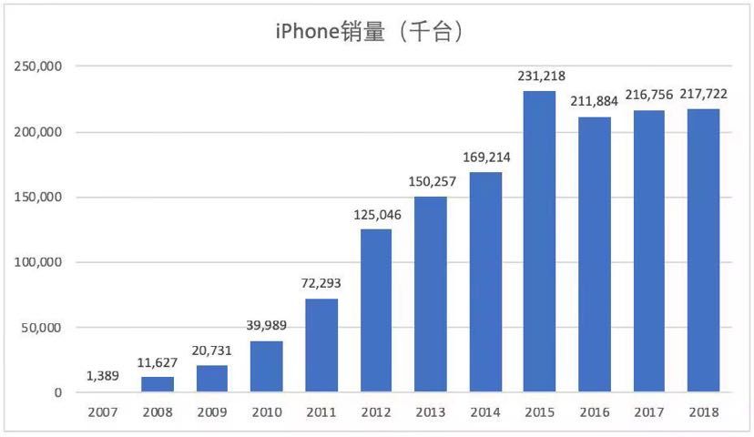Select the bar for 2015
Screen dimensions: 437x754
pyautogui.click(x=539, y=241)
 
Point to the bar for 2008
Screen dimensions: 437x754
pyautogui.click(x=158, y=384)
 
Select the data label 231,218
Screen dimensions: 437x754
pyautogui.click(x=539, y=76)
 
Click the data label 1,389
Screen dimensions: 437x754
pyautogui.click(x=103, y=375)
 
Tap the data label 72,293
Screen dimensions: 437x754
pyautogui.click(x=321, y=283)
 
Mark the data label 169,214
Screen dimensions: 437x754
pyautogui.click(x=484, y=157)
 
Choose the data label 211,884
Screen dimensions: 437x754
pyautogui.click(x=594, y=101)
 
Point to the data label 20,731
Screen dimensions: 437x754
pyautogui.click(x=211, y=351)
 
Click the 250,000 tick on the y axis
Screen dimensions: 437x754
pyautogui.click(x=36, y=66)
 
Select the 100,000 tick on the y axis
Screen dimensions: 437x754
pyautogui.click(x=36, y=262)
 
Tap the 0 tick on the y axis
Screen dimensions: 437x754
pyautogui.click(x=56, y=392)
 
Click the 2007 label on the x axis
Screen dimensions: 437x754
pyautogui.click(x=103, y=412)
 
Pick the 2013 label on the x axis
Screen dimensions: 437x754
pyautogui.click(x=431, y=412)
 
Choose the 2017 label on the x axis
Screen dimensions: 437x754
pyautogui.click(x=648, y=412)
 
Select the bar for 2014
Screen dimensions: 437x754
pyautogui.click(x=484, y=282)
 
